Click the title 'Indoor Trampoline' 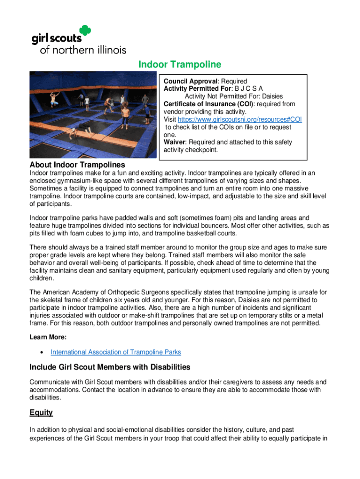(x=180, y=65)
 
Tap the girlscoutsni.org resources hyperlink (x=238, y=120)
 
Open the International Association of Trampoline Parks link (x=115, y=352)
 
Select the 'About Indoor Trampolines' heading (x=77, y=165)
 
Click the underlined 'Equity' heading (x=41, y=413)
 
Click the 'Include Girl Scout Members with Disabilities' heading (x=109, y=367)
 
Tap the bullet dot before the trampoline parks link (x=43, y=352)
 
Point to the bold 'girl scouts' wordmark (x=56, y=37)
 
